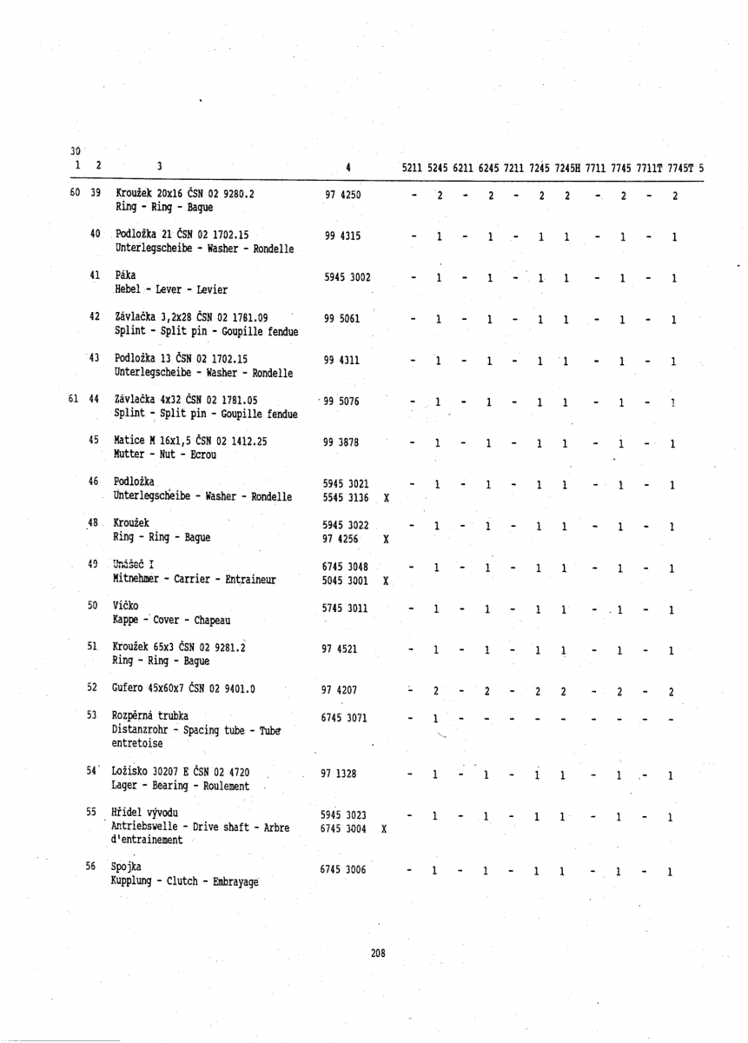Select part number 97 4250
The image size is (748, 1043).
coord(341,196)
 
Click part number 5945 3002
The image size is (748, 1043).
coord(347,278)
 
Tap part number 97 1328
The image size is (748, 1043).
coord(341,773)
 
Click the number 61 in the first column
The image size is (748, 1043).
coord(76,399)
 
